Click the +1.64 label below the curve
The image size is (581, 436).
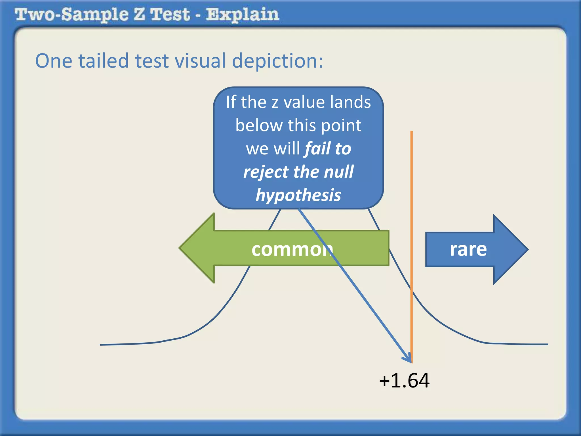tap(404, 381)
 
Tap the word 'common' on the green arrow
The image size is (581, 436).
tap(292, 250)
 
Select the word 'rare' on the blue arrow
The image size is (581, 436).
tap(468, 249)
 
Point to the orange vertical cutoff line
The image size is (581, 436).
tap(412, 199)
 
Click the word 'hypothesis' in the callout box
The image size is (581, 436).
tap(298, 195)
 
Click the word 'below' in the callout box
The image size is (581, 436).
tap(259, 125)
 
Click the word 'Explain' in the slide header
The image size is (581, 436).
tap(242, 14)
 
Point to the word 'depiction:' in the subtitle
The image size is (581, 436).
tap(277, 61)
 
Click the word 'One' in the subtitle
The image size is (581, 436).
tap(54, 61)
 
